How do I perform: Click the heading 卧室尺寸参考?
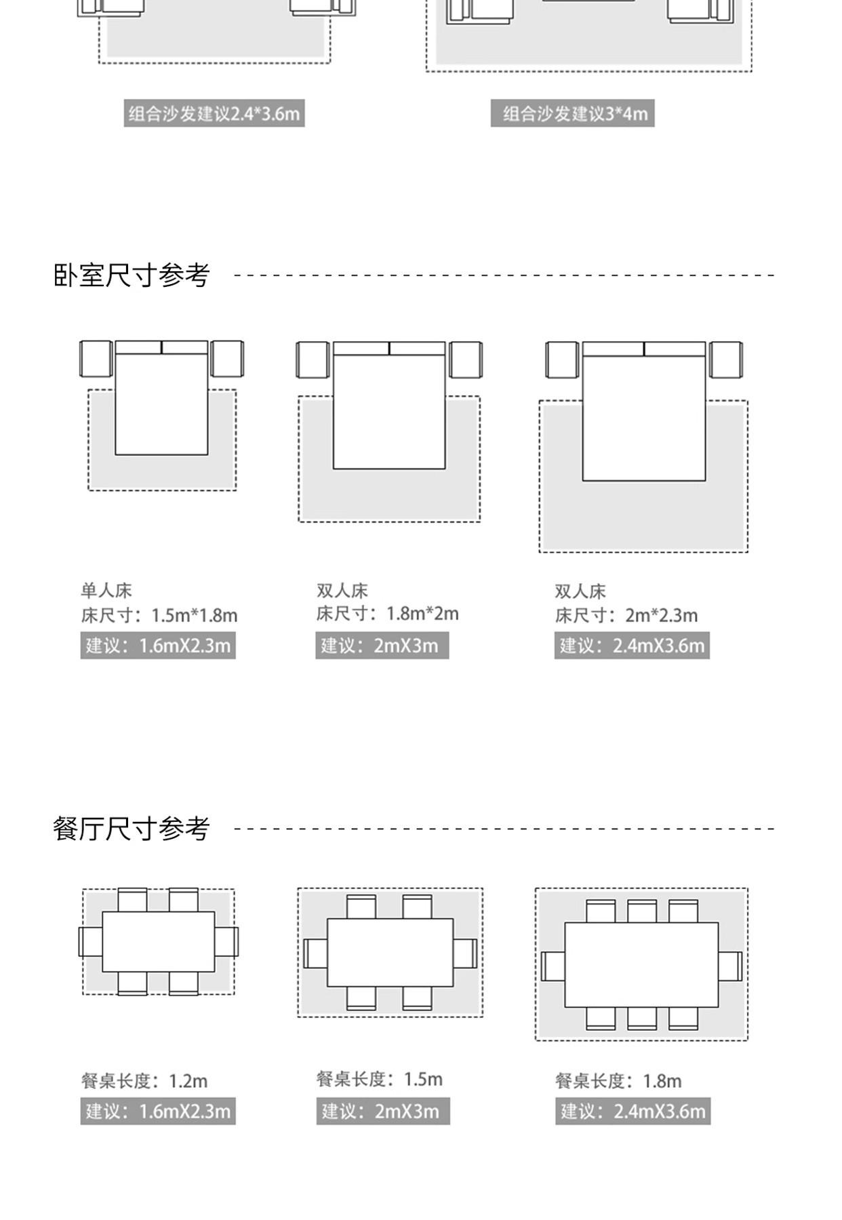pyautogui.click(x=132, y=275)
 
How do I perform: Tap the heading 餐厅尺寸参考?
pyautogui.click(x=132, y=828)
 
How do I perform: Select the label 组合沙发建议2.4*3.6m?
pyautogui.click(x=214, y=113)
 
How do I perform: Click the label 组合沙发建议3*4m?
pyautogui.click(x=573, y=113)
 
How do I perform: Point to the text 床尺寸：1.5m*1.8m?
pyautogui.click(x=159, y=615)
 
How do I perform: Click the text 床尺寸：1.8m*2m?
pyautogui.click(x=387, y=614)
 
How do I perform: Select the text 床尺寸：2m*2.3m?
pyautogui.click(x=626, y=615)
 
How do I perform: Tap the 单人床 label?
pyautogui.click(x=106, y=590)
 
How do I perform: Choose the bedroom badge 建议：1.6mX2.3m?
pyautogui.click(x=158, y=645)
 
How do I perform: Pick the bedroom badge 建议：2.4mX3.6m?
pyautogui.click(x=632, y=645)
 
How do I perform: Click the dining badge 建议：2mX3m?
pyautogui.click(x=383, y=1111)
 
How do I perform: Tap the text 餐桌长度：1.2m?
pyautogui.click(x=144, y=1080)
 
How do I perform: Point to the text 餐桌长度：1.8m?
pyautogui.click(x=618, y=1080)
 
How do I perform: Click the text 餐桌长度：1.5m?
pyautogui.click(x=380, y=1078)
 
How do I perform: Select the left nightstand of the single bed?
pyautogui.click(x=96, y=359)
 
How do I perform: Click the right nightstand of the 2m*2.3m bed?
pyautogui.click(x=725, y=359)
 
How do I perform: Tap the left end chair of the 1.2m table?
pyautogui.click(x=90, y=942)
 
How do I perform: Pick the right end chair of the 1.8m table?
pyautogui.click(x=730, y=966)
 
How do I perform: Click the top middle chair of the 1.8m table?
pyautogui.click(x=641, y=911)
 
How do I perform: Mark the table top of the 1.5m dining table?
pyautogui.click(x=390, y=953)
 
